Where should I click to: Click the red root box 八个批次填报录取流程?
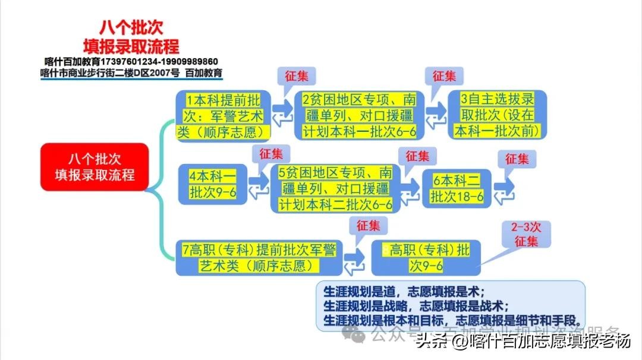(x=95, y=167)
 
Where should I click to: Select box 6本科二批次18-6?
(x=457, y=188)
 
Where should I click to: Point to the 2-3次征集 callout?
(x=525, y=235)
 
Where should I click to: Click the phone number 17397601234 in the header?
(x=127, y=62)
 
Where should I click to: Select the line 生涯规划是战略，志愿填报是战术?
(x=416, y=306)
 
